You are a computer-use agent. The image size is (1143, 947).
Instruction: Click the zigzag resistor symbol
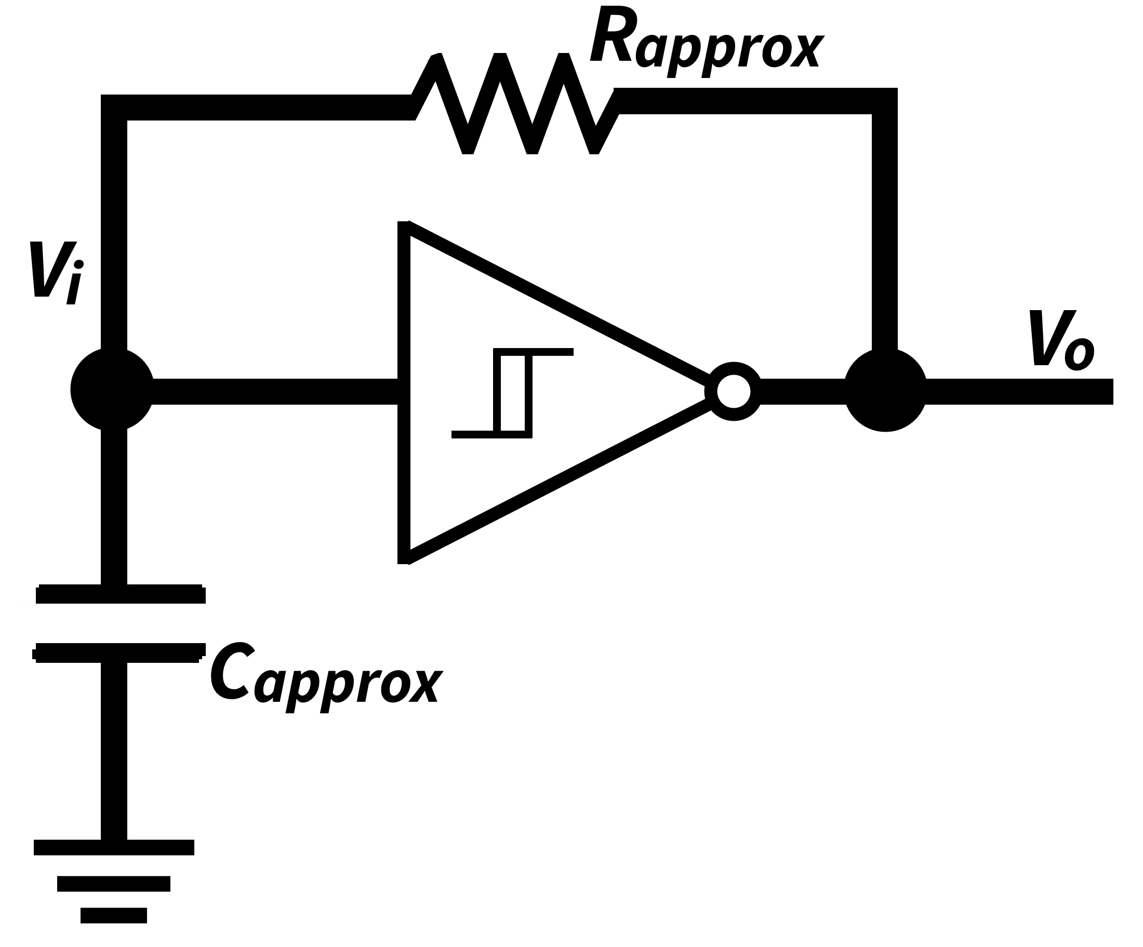[x=515, y=103]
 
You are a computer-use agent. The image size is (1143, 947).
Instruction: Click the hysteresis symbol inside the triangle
[x=512, y=392]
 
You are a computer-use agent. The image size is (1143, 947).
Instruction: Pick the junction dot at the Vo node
[x=885, y=391]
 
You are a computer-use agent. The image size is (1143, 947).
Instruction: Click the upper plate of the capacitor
[x=121, y=594]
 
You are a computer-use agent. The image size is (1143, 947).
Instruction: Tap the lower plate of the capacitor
[x=121, y=652]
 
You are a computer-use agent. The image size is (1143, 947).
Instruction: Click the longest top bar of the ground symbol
[x=114, y=847]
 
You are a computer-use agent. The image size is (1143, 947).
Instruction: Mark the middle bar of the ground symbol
[x=114, y=883]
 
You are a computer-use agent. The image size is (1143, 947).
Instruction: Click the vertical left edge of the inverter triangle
[x=403, y=392]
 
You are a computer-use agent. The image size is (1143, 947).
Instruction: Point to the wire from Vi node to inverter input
[x=272, y=391]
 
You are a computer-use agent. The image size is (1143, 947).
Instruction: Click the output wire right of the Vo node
[x=1018, y=391]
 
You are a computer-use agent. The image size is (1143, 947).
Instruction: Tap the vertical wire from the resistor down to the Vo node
[x=884, y=229]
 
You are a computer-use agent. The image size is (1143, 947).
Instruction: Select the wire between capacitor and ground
[x=114, y=751]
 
